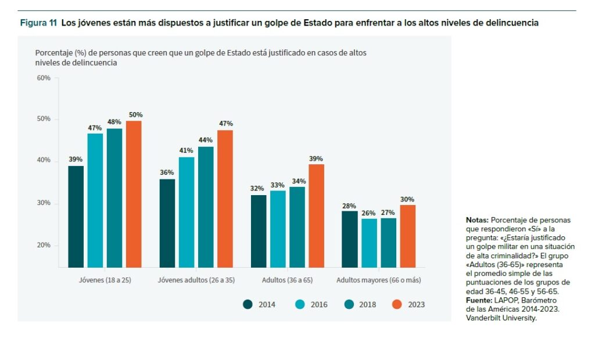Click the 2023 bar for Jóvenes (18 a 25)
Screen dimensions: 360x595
(134, 194)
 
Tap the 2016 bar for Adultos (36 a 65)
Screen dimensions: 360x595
(278, 229)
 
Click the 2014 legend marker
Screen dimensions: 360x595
(248, 304)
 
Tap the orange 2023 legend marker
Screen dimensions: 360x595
(397, 304)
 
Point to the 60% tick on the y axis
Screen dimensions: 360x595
(44, 78)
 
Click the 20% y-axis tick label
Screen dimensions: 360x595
(44, 245)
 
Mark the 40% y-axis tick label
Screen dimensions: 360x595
(44, 160)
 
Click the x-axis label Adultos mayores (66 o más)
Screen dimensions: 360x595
(379, 280)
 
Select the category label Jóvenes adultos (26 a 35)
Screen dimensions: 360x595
(196, 280)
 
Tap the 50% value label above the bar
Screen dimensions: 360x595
(135, 115)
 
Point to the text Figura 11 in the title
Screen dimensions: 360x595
(38, 23)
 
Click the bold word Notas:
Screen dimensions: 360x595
(477, 220)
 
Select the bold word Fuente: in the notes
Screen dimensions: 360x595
(479, 300)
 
